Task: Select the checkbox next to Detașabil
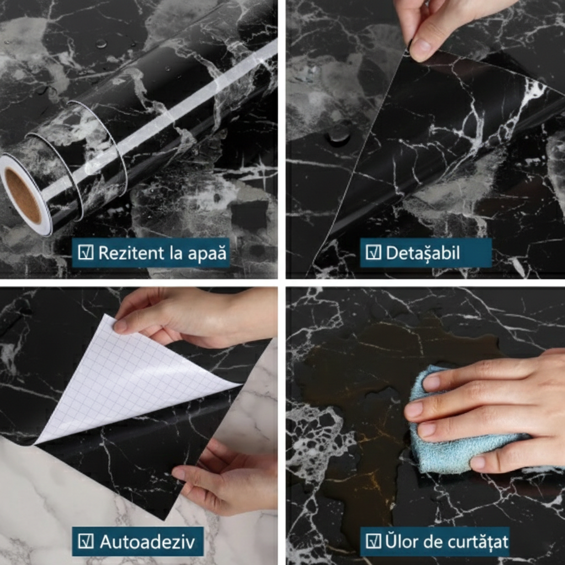[373, 253]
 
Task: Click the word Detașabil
[423, 253]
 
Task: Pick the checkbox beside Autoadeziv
[86, 541]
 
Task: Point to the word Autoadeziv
[147, 542]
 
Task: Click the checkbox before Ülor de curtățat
[373, 541]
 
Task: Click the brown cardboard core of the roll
[22, 195]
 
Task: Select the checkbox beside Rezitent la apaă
[86, 253]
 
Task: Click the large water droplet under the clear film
[339, 134]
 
